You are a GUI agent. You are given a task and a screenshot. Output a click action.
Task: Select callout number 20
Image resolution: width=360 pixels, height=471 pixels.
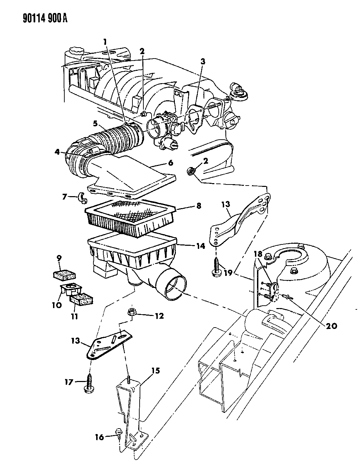pyautogui.click(x=331, y=326)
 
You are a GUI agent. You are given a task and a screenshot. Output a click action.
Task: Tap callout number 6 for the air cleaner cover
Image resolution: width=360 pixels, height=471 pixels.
pyautogui.click(x=170, y=163)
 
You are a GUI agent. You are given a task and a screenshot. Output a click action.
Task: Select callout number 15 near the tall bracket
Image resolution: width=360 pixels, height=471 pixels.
pyautogui.click(x=156, y=371)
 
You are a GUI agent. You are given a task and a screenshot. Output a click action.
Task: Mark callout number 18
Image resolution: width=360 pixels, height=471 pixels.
pyautogui.click(x=258, y=254)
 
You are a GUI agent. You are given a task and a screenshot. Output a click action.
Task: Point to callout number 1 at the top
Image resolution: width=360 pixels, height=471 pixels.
pyautogui.click(x=105, y=42)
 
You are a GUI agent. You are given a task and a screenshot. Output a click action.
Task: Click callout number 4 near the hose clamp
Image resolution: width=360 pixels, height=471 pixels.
pyautogui.click(x=57, y=152)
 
